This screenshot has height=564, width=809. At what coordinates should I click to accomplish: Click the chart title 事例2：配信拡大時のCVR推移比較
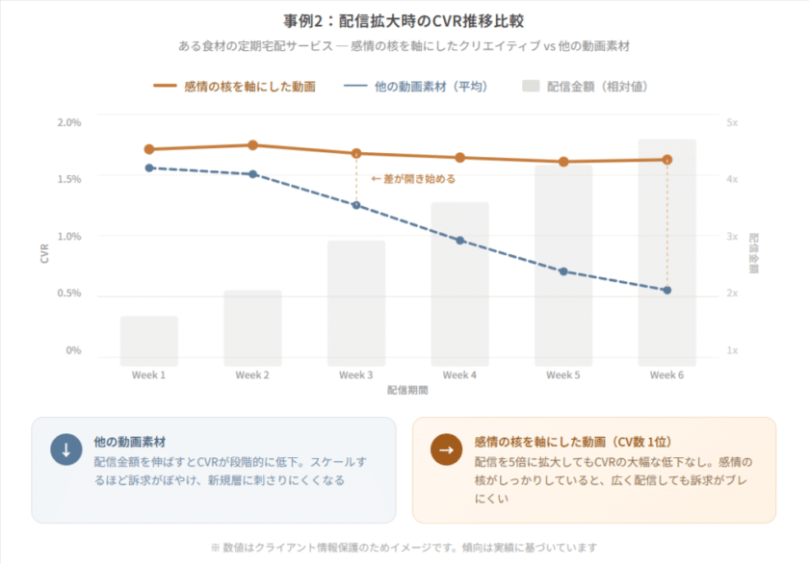tap(404, 21)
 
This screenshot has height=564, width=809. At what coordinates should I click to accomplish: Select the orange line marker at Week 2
tap(252, 145)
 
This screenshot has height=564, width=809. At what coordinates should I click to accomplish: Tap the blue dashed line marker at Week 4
tap(460, 241)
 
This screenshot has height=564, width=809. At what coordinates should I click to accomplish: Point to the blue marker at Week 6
tap(667, 291)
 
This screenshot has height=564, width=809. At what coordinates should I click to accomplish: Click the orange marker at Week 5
tap(564, 162)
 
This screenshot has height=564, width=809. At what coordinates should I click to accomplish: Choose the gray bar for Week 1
tap(149, 341)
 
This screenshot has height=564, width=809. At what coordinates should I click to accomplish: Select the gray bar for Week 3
tap(356, 303)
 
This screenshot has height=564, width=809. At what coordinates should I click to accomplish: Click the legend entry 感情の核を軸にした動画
tap(234, 87)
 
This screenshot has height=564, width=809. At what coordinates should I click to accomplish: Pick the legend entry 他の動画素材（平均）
tap(416, 87)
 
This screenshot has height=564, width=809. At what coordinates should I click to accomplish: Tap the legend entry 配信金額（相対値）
tap(585, 87)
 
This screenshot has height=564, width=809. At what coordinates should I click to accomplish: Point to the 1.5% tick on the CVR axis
tap(69, 179)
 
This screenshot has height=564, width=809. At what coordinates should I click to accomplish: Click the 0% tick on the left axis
tap(73, 350)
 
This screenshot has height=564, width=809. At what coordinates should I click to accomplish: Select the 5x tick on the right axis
tap(732, 122)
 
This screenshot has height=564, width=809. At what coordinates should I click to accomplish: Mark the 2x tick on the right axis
tap(732, 294)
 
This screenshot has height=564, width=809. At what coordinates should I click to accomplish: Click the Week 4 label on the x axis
tap(459, 374)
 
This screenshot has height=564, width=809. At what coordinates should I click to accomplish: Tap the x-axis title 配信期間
tap(407, 390)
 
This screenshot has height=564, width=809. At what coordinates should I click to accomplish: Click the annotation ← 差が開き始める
tap(413, 179)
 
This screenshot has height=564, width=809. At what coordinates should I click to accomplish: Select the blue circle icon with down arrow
tap(66, 449)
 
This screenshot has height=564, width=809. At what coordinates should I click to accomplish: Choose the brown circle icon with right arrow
tap(446, 449)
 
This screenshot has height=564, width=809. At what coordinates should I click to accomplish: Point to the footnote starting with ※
tap(404, 548)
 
